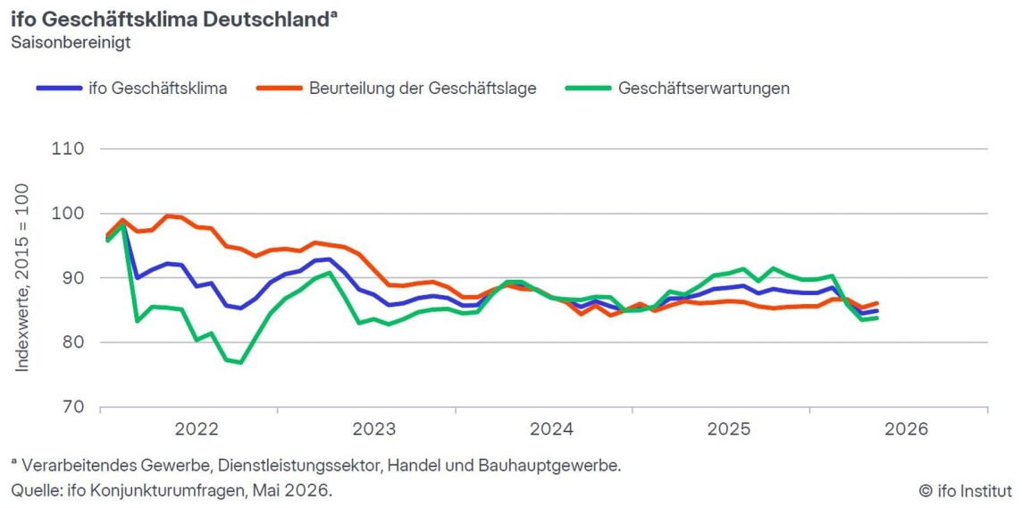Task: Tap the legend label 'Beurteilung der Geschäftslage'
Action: click(x=423, y=89)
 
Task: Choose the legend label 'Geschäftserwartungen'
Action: click(x=704, y=89)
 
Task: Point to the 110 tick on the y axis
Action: click(x=69, y=148)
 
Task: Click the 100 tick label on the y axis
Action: click(x=67, y=213)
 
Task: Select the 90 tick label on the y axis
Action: click(x=72, y=278)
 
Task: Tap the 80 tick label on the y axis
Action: click(x=72, y=343)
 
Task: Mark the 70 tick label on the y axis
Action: click(x=72, y=407)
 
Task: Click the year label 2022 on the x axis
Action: click(x=197, y=429)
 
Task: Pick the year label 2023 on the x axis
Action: click(x=373, y=429)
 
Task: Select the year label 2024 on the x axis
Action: click(x=551, y=429)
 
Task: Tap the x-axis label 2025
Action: click(x=729, y=429)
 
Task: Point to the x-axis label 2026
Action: click(x=906, y=429)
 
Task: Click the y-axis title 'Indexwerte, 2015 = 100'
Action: click(x=23, y=278)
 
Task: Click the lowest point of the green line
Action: click(x=241, y=362)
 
